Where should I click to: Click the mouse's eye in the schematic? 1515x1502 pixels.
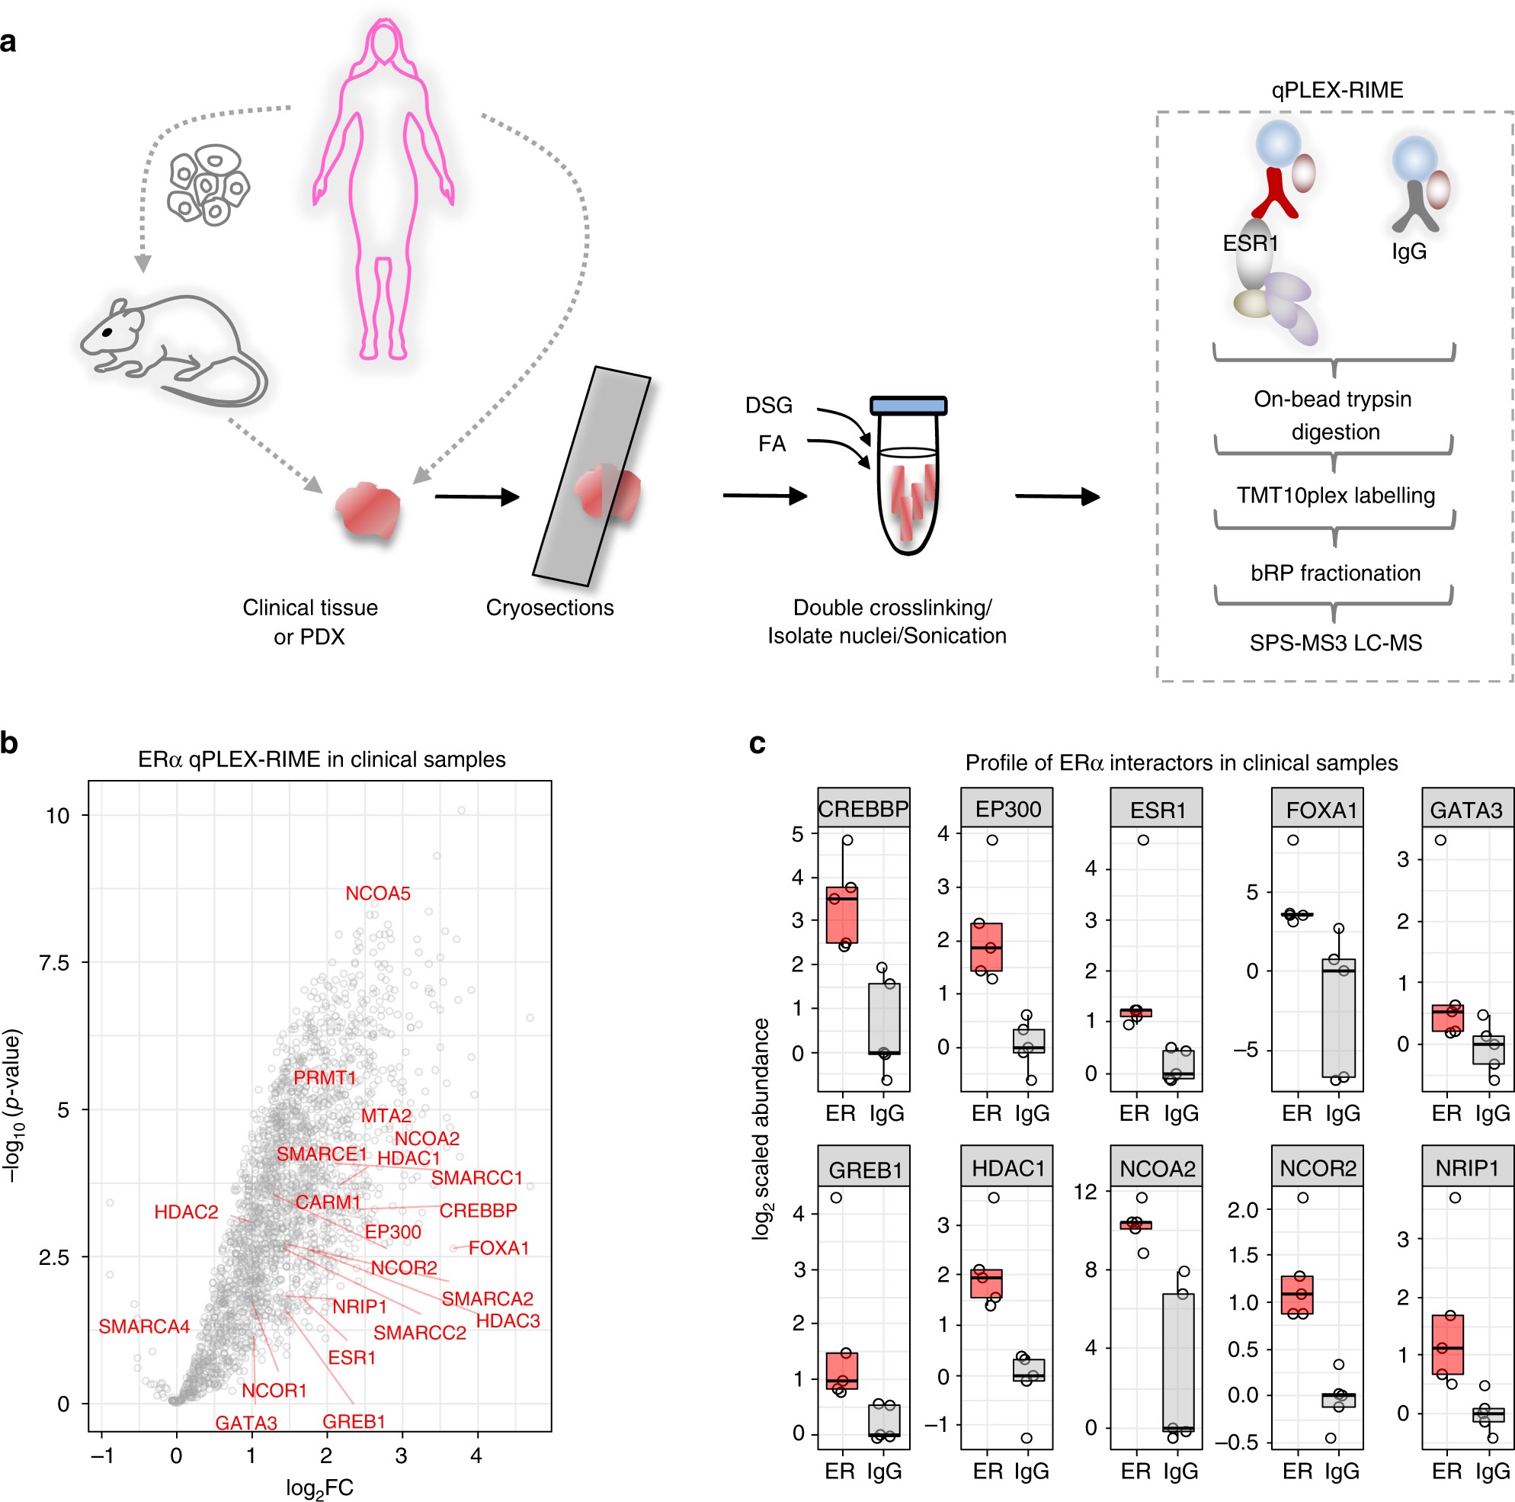(107, 332)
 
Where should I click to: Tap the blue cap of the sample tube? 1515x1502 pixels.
(908, 406)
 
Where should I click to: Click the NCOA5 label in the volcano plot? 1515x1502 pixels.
(378, 894)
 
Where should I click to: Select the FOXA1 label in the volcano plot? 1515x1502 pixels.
(498, 1248)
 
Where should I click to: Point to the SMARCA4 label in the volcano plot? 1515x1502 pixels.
(144, 1327)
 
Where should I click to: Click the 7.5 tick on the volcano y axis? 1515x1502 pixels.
(56, 962)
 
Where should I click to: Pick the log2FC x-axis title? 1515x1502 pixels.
(319, 1488)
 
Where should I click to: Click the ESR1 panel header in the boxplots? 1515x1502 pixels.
(1157, 810)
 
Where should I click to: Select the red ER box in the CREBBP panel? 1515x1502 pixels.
(842, 914)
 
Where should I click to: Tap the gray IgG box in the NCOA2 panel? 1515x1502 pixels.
(1179, 1362)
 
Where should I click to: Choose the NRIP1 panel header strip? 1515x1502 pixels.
(1466, 1169)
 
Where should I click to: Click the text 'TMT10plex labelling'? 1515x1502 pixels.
(1335, 496)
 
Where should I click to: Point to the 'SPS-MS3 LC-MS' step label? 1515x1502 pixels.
(1335, 643)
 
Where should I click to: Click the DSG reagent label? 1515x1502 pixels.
(768, 406)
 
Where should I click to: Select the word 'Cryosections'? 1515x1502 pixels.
(549, 608)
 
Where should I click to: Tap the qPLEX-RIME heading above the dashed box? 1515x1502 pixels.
(1337, 90)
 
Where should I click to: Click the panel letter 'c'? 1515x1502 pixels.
(757, 743)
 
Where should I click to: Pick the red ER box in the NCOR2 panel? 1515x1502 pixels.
(1298, 1295)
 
